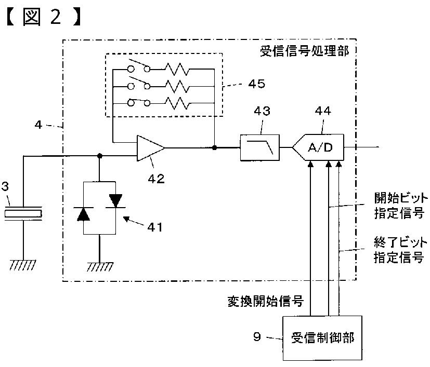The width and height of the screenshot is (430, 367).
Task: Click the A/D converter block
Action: coord(318,147)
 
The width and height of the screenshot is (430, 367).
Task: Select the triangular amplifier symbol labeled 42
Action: coord(151,148)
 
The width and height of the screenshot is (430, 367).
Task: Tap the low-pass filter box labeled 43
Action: coord(259,147)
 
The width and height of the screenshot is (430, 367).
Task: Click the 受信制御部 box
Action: coord(322,338)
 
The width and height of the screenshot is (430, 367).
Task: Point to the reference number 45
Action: coord(257,84)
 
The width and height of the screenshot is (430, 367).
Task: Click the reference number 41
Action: coord(155,227)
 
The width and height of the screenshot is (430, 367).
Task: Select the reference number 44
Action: coord(323,111)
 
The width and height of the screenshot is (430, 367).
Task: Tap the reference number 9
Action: coord(257,336)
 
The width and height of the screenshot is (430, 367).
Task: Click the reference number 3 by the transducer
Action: coord(5,186)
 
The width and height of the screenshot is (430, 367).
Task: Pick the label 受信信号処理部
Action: coord(304,51)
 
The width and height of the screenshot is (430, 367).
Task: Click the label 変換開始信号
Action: coord(266,301)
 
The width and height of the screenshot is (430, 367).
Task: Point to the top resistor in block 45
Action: coord(177,69)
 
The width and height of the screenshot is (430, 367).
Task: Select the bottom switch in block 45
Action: coord(139,102)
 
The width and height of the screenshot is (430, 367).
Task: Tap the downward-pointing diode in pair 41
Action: coord(115,201)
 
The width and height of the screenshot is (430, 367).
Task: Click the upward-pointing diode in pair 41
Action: coord(83,214)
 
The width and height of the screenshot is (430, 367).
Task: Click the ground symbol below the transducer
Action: coord(23,265)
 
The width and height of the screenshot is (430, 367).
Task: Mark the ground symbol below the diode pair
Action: coord(99,267)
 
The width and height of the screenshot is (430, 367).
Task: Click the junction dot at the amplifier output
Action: coord(214,147)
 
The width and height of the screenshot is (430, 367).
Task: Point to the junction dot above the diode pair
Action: coord(99,156)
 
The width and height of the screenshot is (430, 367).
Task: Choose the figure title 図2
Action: coord(43,17)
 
